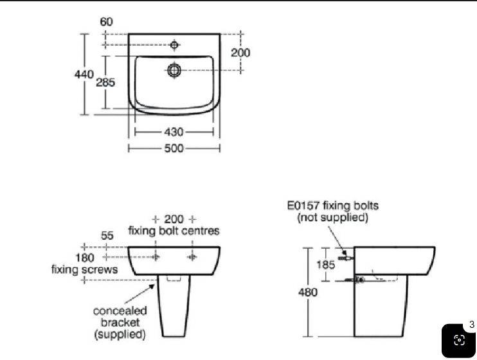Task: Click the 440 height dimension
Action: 84,75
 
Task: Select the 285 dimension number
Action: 105,82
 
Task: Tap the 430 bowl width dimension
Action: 174,132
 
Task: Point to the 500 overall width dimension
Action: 174,148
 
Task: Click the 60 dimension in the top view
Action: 106,22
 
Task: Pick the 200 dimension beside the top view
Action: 240,53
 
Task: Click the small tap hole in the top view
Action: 174,45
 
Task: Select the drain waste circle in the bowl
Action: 174,70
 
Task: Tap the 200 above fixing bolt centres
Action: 174,219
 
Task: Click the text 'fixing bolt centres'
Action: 174,231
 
